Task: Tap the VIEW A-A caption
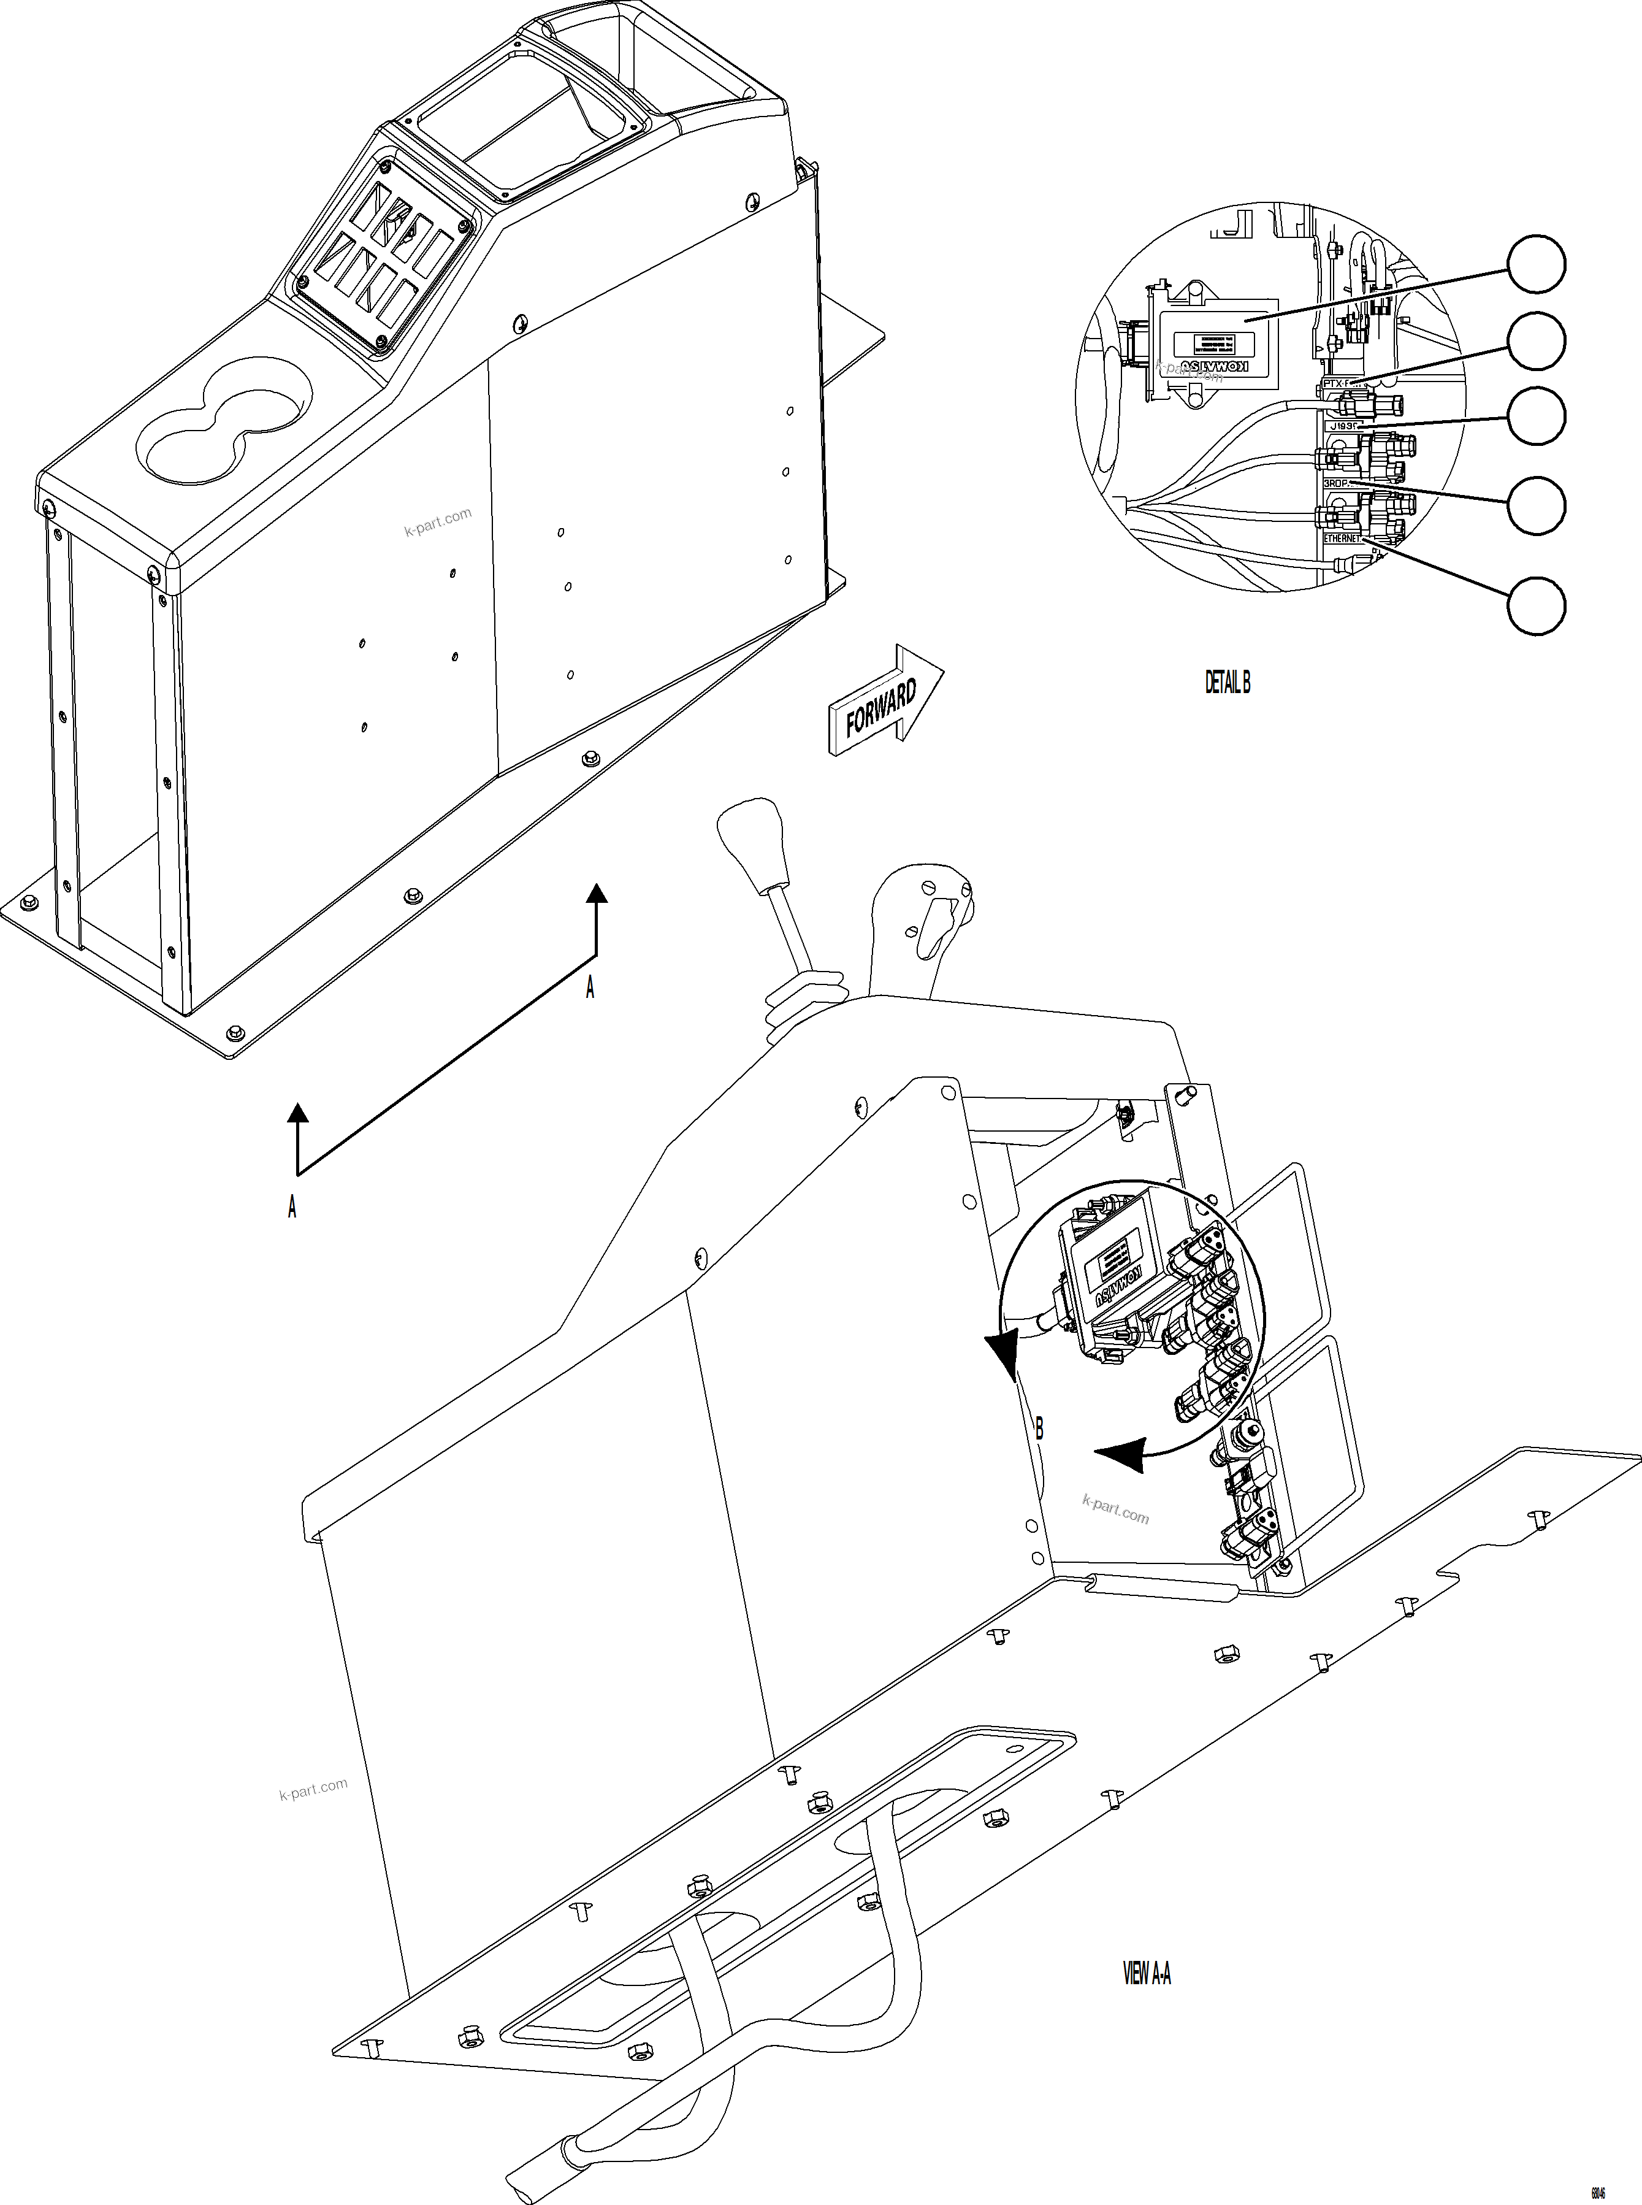1147,1973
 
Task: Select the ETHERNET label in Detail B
1342,538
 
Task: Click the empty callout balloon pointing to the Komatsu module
1537,264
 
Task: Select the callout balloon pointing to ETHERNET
1537,605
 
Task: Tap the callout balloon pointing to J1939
1537,416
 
